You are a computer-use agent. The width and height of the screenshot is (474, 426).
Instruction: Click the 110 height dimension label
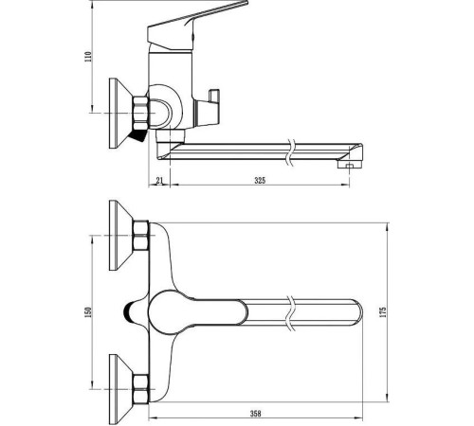(x=88, y=57)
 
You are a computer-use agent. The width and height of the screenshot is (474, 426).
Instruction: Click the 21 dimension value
(x=159, y=181)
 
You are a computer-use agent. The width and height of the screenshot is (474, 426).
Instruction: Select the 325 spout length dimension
(x=260, y=181)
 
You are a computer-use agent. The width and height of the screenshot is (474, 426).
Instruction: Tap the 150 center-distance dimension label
(x=88, y=312)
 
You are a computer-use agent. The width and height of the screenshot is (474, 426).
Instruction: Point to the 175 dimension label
(x=383, y=312)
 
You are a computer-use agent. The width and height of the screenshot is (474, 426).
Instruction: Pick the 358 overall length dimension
(x=255, y=414)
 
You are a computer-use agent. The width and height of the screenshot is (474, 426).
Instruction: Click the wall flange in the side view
(x=120, y=114)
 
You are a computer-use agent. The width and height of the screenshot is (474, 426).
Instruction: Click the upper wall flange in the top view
(x=120, y=235)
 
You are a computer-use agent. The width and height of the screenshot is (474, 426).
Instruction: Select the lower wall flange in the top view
(x=120, y=389)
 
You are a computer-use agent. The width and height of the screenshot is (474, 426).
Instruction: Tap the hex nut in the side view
(x=140, y=113)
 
